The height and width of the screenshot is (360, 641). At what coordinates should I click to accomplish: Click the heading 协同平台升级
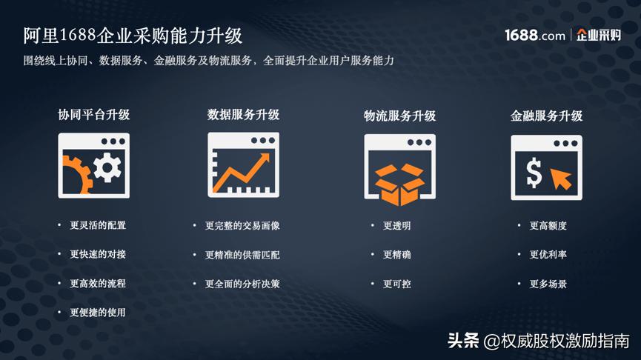pos(94,115)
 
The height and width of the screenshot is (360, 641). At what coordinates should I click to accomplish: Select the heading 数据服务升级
pos(243,115)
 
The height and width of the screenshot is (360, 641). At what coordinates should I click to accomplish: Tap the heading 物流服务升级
pos(399,116)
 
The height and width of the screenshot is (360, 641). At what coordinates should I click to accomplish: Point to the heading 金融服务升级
pos(546,116)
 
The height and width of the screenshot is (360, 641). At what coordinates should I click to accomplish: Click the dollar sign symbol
pos(534,173)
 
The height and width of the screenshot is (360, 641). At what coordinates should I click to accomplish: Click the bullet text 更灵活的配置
pos(98,225)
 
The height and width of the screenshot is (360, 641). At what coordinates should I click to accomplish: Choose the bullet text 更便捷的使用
pos(98,313)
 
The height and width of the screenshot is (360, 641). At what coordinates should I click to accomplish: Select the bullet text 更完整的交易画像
pos(242,225)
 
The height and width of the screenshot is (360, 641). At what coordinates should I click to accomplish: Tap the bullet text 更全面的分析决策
pos(242,284)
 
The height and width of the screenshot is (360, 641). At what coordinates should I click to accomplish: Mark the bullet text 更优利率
pos(548,255)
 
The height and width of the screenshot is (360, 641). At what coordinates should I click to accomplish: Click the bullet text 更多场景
pos(548,284)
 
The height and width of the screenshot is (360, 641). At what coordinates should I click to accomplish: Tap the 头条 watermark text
pos(462,341)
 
